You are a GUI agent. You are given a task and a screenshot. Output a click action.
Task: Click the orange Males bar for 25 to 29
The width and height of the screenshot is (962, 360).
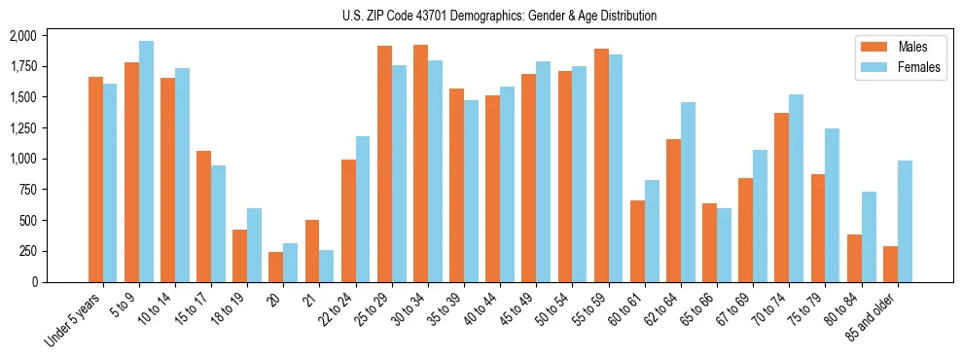pos(384,163)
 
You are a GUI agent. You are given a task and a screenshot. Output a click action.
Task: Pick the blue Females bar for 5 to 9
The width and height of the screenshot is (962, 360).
pos(146,162)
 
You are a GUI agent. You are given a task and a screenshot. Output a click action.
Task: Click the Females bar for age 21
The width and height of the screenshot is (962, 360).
pos(327,266)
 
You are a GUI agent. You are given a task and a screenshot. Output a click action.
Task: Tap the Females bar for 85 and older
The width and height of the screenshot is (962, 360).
pos(905,221)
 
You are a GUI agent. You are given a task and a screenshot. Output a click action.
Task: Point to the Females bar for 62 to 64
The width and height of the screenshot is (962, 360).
pos(688,192)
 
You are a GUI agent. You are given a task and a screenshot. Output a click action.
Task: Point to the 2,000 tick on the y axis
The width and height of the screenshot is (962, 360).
pos(22,36)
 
